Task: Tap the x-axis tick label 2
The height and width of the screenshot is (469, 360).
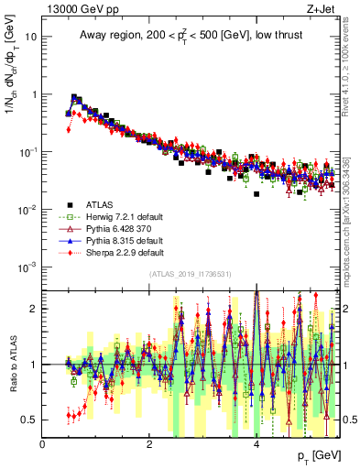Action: point(150,444)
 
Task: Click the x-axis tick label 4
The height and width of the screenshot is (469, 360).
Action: point(256,444)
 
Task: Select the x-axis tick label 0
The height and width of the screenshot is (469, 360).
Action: point(43,444)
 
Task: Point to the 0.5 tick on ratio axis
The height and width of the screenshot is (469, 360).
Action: point(29,420)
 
